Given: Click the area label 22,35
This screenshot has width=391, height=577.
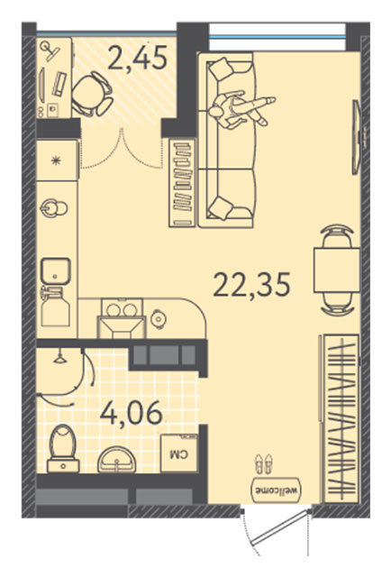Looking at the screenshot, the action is pos(252,285).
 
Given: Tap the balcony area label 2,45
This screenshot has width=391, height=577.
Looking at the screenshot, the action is pos(138,58).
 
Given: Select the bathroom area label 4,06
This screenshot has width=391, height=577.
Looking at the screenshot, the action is pos(131,412).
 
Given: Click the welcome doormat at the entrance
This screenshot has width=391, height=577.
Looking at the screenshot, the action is pos(277,490).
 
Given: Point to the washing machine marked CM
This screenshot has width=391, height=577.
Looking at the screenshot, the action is pos(179,453).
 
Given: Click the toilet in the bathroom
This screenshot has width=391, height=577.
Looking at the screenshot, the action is pos(63,449).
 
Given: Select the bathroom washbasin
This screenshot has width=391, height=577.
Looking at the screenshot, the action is pos(116,459).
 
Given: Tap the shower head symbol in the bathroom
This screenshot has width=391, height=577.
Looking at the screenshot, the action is pos(59,358).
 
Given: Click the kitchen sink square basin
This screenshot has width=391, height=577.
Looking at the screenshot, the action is pos(56,271).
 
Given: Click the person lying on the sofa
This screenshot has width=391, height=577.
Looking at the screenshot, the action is pos(241,109).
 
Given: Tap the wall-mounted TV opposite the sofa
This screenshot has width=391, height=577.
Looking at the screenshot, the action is pos(356,136).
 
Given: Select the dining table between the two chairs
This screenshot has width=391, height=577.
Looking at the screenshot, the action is pos(337,270).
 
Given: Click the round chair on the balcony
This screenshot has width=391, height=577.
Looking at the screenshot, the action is pos(92,94).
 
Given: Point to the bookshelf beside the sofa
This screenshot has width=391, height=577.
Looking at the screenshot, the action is pos(183,183).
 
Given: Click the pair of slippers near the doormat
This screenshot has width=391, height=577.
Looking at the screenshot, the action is pos(265,463).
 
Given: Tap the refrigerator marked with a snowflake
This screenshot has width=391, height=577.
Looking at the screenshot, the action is pos(57,160).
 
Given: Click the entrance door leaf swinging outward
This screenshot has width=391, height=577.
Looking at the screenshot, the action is pos(278,527).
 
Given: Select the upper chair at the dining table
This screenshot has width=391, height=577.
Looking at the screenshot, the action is pos(337,236).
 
